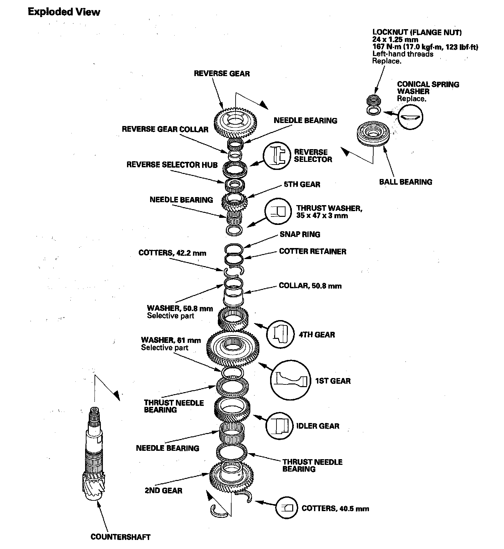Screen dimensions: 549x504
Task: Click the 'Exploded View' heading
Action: (x=64, y=12)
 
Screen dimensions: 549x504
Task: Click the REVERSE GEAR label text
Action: (x=222, y=73)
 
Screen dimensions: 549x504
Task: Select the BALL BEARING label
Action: (x=405, y=182)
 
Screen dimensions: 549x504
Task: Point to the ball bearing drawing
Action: (x=373, y=134)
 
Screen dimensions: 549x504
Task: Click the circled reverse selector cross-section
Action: (x=277, y=156)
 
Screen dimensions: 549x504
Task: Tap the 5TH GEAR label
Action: (x=302, y=184)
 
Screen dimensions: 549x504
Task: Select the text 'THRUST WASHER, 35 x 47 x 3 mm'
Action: (x=329, y=212)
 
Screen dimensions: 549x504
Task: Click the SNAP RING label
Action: (x=300, y=234)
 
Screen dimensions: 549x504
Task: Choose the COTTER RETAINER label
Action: (x=312, y=251)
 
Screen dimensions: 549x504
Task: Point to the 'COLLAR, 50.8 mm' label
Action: (x=310, y=286)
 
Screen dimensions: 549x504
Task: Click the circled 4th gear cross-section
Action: (x=279, y=334)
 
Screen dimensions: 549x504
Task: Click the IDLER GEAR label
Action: (x=318, y=426)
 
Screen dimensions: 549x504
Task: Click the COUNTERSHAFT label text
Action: (x=120, y=537)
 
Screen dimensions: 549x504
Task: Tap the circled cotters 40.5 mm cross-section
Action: (x=287, y=508)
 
